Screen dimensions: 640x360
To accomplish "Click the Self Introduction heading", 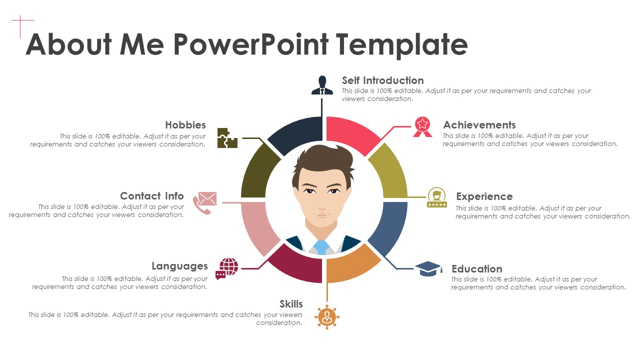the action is point(383,80).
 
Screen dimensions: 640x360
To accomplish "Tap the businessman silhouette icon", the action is point(322,85).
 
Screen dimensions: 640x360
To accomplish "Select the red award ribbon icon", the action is point(422,127).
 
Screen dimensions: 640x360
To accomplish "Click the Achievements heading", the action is point(479,125).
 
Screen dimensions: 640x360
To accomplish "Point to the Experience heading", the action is point(484,196).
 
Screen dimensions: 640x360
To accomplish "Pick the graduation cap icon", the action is point(428,268).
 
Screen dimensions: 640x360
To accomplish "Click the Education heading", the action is point(477,269).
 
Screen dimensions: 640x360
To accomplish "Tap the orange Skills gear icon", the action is point(327,317).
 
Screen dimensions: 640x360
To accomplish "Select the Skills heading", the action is point(291,304).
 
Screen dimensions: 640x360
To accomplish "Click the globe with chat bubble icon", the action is point(227,268).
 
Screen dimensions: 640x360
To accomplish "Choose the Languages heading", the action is point(179,266).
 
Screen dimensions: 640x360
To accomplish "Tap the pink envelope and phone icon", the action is point(205,203).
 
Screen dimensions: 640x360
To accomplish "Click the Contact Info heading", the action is point(151,196).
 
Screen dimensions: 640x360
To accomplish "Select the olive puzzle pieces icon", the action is point(227,138).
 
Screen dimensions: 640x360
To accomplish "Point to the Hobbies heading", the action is point(185,125).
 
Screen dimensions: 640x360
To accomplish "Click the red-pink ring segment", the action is point(351,132).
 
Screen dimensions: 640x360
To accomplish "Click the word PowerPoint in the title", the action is point(251,44).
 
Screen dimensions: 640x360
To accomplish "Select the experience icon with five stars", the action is point(437,197).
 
